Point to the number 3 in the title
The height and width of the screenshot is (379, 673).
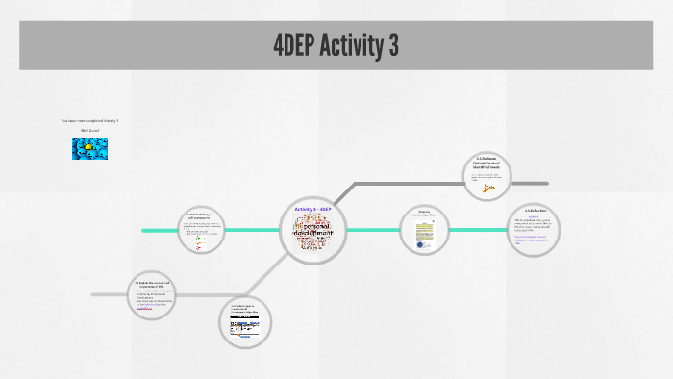point(392,45)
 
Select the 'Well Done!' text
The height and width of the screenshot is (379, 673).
point(90,130)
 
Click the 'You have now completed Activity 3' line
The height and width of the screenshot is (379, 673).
point(89,120)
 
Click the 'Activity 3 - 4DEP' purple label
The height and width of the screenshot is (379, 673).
point(312,210)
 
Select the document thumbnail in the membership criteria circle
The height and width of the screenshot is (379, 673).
point(424,235)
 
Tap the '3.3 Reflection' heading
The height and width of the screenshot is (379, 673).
point(536,210)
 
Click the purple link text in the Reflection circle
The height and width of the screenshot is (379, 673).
point(535,239)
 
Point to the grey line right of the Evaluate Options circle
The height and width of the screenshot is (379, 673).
point(531,183)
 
